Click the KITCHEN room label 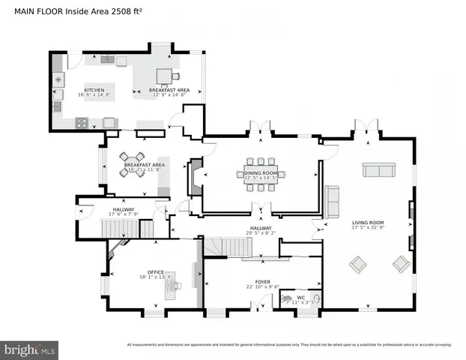point(94,90)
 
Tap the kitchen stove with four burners point(81,121)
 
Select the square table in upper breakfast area point(164,75)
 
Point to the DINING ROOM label point(261,173)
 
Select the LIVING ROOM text point(368,223)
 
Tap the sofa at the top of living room point(378,169)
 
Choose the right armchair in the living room point(402,263)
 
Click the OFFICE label point(156,272)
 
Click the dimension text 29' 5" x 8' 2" point(261,233)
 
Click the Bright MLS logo point(30,349)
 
